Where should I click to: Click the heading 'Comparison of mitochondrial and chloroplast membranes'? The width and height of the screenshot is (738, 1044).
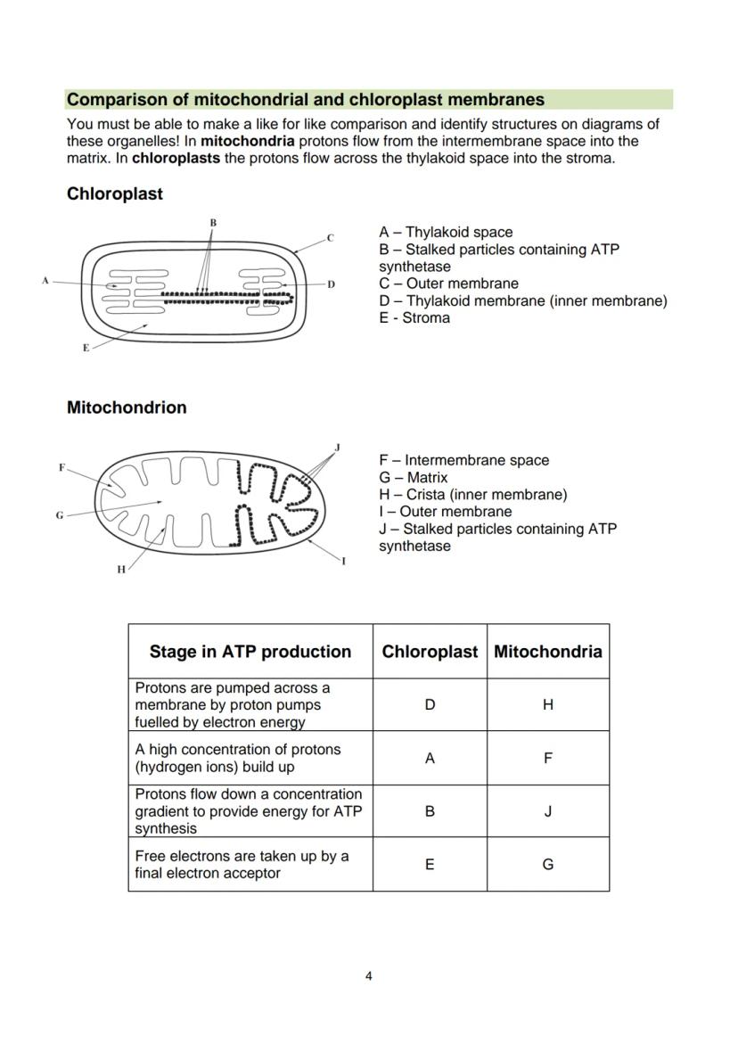tap(306, 99)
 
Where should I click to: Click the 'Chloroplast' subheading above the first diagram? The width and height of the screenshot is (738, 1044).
tap(114, 193)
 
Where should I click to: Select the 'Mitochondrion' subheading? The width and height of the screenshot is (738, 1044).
tap(127, 407)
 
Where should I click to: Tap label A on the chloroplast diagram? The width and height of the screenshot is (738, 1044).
tap(45, 281)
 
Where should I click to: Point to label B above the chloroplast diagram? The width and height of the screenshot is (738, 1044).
tap(213, 222)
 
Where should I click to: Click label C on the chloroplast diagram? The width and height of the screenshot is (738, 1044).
tap(330, 238)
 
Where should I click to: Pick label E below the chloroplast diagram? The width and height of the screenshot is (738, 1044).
tap(86, 348)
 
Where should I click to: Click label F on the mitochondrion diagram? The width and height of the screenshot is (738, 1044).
tap(61, 467)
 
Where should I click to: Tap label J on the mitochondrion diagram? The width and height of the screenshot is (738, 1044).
tap(337, 447)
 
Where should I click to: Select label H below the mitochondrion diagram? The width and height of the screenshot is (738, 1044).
tap(121, 570)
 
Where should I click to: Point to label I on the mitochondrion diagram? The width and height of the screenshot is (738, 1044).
tap(343, 562)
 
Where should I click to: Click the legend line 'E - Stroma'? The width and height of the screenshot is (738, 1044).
tap(414, 317)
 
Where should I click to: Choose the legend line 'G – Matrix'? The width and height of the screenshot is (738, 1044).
tap(414, 477)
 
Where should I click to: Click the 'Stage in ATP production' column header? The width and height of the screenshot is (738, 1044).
tap(250, 652)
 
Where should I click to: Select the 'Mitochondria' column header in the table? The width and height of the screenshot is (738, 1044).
tap(547, 652)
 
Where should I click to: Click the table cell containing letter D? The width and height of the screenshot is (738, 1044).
tap(430, 704)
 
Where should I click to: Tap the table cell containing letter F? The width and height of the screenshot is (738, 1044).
tap(547, 758)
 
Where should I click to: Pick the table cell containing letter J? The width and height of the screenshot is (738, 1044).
tap(547, 811)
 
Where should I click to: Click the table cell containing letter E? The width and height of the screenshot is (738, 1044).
tap(430, 864)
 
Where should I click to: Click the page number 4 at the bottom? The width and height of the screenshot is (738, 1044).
tap(369, 975)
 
